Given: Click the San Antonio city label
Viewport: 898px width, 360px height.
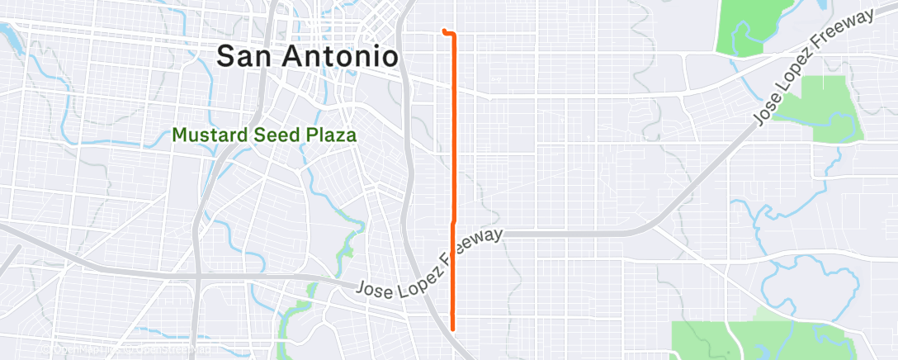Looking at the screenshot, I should (x=308, y=56).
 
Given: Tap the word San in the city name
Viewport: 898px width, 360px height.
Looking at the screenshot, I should (x=243, y=56).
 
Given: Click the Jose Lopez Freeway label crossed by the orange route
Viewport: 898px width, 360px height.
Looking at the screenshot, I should (x=430, y=263).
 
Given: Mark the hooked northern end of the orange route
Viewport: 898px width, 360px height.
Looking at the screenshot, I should (x=445, y=31).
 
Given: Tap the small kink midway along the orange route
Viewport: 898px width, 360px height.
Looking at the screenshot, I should (x=452, y=223).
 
